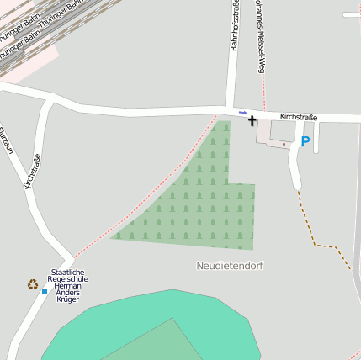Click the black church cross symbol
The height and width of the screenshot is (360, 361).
252,121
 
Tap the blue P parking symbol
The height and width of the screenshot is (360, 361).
305,142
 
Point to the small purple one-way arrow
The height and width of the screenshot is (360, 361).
243,112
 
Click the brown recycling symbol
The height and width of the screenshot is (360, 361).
33,284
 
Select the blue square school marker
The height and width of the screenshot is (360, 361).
45,291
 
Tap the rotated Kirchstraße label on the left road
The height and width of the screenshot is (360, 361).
34,170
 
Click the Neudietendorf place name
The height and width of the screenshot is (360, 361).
230,266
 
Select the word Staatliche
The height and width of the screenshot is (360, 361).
68,272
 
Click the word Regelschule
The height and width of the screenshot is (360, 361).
68,278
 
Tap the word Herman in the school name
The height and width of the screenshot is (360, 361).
67,285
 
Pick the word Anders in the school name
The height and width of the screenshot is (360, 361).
67,292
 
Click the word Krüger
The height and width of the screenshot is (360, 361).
67,299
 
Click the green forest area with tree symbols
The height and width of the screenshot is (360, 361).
202,202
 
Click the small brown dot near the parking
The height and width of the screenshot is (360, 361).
284,144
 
